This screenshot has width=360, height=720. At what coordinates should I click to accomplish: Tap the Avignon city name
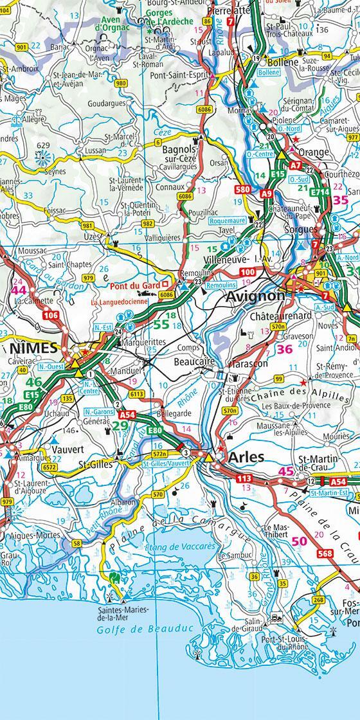click(x=254, y=296)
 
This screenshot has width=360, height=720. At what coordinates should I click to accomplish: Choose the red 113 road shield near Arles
click(x=244, y=479)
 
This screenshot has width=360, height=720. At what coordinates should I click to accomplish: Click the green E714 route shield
click(x=320, y=192)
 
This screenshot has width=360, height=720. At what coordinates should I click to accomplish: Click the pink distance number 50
click(x=299, y=541)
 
